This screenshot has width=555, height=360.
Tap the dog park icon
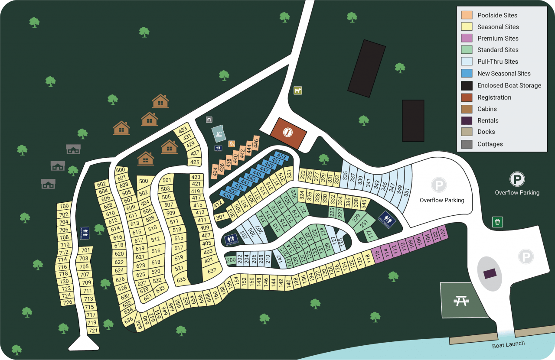(297, 90)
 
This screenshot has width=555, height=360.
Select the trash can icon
(497, 222)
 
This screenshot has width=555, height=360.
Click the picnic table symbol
(460, 300)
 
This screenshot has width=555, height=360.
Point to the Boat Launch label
(508, 344)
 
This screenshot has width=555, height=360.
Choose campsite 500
(144, 181)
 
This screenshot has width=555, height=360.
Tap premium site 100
(443, 234)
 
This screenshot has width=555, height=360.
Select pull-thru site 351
(406, 191)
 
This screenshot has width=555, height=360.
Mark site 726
(67, 302)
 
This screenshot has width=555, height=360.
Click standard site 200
(231, 260)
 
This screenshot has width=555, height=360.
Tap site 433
(183, 130)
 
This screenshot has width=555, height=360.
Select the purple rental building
(490, 273)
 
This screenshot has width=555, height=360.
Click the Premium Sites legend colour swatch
(467, 38)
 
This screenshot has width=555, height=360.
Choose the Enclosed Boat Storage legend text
(509, 85)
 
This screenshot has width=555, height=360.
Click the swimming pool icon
(219, 133)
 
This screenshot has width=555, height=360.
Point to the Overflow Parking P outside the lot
(517, 179)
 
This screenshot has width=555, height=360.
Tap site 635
(181, 279)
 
